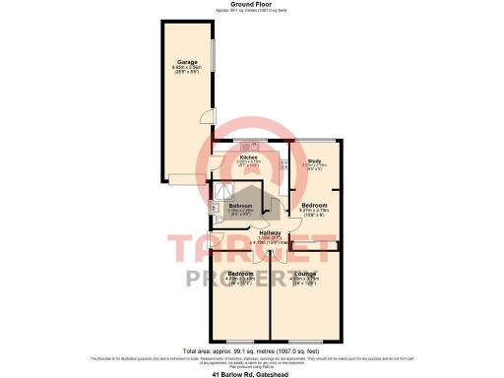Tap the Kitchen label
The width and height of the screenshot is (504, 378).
point(249,157)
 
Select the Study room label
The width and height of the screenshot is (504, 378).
point(315,160)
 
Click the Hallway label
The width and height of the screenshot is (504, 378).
point(270,232)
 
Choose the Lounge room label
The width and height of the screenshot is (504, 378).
point(305,273)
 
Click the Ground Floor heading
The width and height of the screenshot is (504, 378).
point(251,4)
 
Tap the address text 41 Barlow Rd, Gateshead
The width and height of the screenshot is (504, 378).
point(252,373)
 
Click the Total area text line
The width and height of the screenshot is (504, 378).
point(252,350)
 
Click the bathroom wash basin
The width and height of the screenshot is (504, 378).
point(215,207)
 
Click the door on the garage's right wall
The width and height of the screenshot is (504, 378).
point(204,115)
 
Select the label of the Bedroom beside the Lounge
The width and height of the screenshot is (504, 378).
point(241,273)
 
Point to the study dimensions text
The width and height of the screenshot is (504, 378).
point(315,166)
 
